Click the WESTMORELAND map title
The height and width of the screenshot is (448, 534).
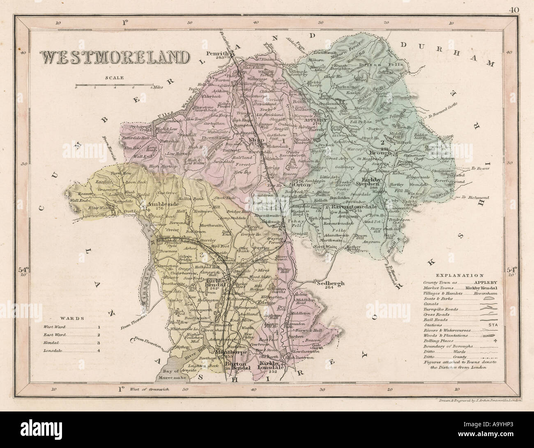coord(115,57)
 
